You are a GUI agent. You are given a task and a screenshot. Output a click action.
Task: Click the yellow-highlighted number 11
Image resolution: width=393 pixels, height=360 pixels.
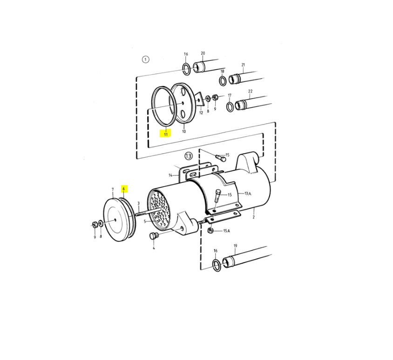tap(165, 134)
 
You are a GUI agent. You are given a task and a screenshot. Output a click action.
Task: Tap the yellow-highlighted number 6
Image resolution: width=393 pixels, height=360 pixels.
tap(123, 189)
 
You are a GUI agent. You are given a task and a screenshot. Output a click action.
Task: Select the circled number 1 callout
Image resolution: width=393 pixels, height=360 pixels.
tap(145, 60)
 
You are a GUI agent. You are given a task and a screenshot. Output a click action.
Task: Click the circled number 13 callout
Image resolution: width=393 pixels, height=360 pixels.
tap(188, 156)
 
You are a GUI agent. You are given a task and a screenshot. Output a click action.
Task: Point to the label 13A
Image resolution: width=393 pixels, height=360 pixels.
tap(248, 193)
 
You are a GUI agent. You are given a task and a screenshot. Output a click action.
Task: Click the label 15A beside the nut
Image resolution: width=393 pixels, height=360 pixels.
tap(227, 231)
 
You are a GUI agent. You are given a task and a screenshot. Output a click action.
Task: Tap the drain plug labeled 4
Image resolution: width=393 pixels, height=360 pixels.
tap(153, 236)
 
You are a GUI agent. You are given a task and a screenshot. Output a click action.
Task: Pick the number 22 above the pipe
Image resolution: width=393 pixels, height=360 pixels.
tap(251, 91)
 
